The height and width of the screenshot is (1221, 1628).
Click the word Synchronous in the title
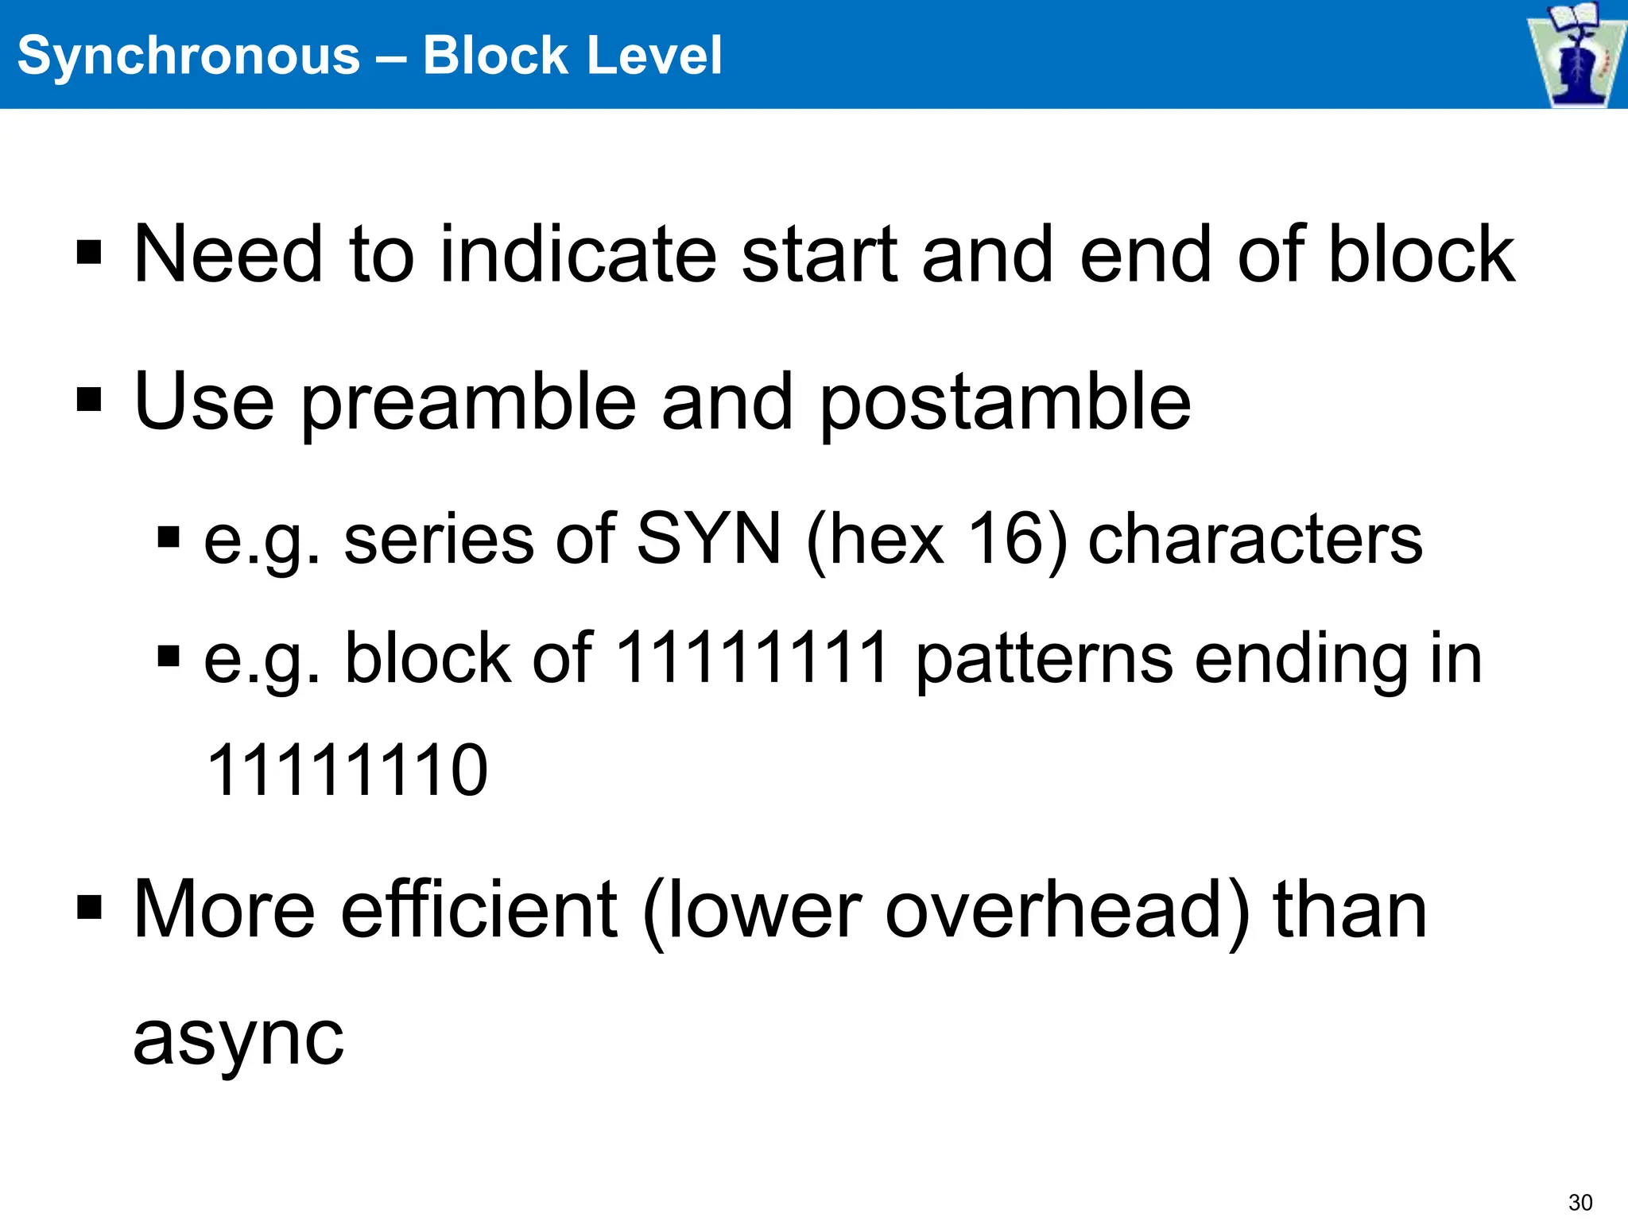pyautogui.click(x=188, y=56)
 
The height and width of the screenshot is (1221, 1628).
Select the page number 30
pyautogui.click(x=1580, y=1202)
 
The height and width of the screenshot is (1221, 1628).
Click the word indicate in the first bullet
pyautogui.click(x=578, y=254)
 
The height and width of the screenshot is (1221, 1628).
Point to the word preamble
pyautogui.click(x=469, y=403)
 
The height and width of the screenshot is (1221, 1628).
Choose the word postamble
pyautogui.click(x=1005, y=403)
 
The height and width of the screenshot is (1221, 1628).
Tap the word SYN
pyautogui.click(x=709, y=540)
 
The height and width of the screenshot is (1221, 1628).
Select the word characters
pyautogui.click(x=1254, y=540)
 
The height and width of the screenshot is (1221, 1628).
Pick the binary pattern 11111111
pyautogui.click(x=752, y=658)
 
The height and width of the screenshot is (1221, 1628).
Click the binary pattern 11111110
pyautogui.click(x=347, y=770)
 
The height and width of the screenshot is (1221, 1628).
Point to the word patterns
pyautogui.click(x=1044, y=658)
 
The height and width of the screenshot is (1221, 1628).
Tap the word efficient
pyautogui.click(x=479, y=909)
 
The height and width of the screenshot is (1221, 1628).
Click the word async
pyautogui.click(x=238, y=1037)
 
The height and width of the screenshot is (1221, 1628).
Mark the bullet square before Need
pyautogui.click(x=89, y=254)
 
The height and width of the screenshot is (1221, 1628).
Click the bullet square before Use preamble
pyautogui.click(x=89, y=401)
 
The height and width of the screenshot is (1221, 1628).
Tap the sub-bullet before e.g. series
pyautogui.click(x=169, y=538)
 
